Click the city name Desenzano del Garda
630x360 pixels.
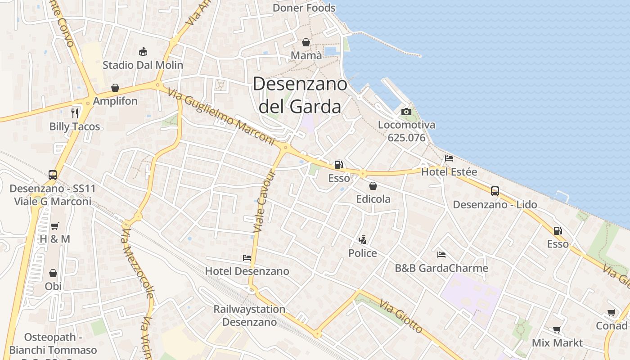(300, 95)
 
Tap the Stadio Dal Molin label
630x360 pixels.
(143, 65)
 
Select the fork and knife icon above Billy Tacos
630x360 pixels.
(75, 113)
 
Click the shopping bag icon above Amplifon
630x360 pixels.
(115, 88)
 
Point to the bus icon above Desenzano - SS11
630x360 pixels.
(53, 175)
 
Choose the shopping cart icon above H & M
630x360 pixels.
(55, 226)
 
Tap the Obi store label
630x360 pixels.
(53, 286)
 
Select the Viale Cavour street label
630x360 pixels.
(264, 202)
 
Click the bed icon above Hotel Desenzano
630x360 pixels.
(247, 258)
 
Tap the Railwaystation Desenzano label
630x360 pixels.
(249, 315)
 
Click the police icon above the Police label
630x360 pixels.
(362, 240)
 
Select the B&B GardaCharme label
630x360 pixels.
(441, 268)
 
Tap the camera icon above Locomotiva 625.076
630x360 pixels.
(406, 112)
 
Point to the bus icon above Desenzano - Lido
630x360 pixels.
(495, 191)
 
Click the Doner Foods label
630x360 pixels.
(304, 8)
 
